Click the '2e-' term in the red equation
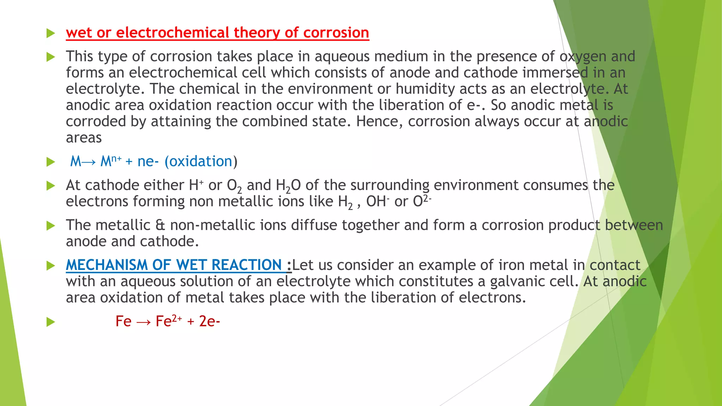point(209,321)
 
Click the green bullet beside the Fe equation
point(51,322)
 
